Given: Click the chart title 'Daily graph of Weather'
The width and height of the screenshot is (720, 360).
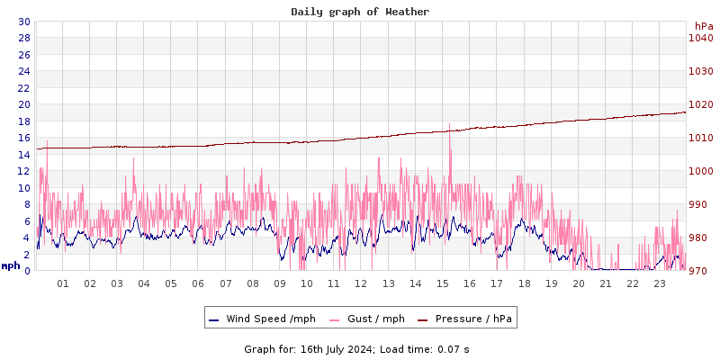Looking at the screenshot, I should tap(360, 12).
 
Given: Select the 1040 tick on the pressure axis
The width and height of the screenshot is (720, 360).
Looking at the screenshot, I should tap(700, 38).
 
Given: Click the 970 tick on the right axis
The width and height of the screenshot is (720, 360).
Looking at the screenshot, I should tap(700, 271).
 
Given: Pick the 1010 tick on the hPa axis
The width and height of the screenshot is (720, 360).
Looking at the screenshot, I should tap(700, 138).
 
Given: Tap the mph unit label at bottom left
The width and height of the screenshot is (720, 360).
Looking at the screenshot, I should tap(11, 265).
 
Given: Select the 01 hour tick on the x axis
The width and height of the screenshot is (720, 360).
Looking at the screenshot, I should tap(63, 283).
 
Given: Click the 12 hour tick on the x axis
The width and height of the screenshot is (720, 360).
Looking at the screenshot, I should tap(361, 283).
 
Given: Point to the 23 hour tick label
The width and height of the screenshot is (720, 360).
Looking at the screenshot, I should tap(660, 283).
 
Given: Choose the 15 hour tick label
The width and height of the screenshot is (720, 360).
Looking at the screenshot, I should tap(443, 283).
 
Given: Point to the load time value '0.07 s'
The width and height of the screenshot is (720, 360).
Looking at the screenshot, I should tap(454, 349).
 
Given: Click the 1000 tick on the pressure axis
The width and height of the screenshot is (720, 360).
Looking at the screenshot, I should tap(700, 171).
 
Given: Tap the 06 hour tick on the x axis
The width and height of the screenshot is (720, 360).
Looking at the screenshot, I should tap(199, 283).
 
